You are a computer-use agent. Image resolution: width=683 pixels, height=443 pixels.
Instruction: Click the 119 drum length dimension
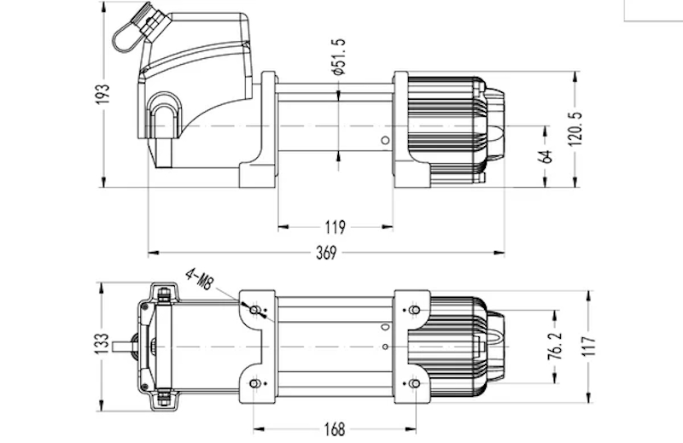[x=336, y=227]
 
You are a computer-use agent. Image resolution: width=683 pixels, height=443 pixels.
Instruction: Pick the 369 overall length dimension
[x=326, y=253]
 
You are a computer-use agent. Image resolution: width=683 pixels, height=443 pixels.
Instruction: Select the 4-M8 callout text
[x=198, y=278]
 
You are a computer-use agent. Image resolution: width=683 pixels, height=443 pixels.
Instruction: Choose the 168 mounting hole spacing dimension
[x=335, y=427]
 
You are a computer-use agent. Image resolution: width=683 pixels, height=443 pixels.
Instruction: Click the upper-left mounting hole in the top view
[x=254, y=309]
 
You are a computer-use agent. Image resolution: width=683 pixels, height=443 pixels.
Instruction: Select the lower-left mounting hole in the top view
[x=254, y=383]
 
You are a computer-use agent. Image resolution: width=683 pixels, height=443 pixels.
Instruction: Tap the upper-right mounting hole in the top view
[x=415, y=309]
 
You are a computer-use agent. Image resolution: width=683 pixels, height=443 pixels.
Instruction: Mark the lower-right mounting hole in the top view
[x=415, y=383]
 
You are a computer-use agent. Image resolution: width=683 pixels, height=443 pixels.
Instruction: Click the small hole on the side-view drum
[x=385, y=140]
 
